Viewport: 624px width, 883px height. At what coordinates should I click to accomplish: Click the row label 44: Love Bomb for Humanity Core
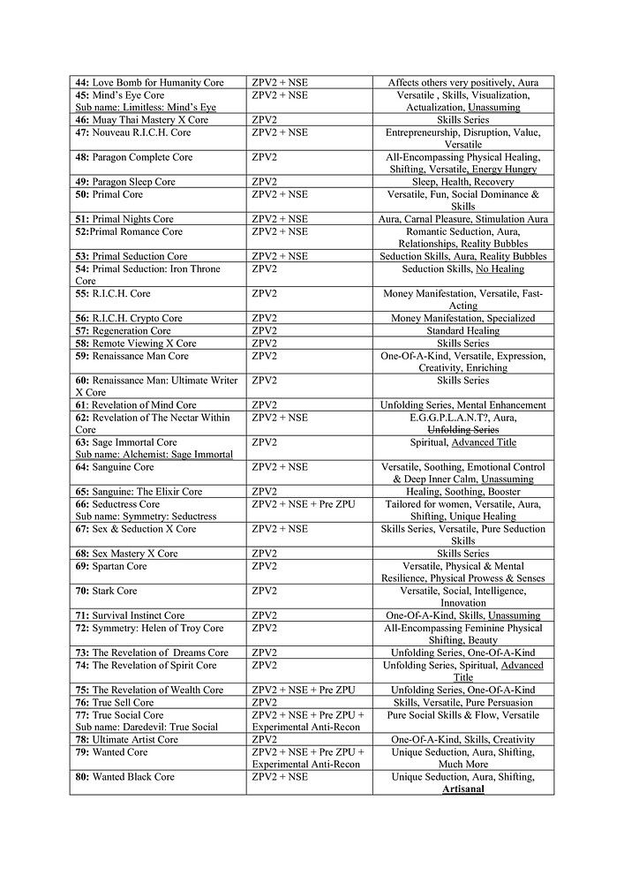tap(149, 82)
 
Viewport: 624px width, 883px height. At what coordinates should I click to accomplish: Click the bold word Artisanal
tap(462, 789)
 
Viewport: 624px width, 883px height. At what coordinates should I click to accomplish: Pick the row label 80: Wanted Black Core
tap(124, 777)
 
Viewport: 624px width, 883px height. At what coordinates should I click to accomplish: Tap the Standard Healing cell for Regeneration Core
tap(462, 331)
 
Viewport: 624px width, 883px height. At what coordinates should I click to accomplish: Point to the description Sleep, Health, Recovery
tap(462, 182)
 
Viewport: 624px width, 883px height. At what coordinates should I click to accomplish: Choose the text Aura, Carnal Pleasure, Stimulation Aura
tap(462, 219)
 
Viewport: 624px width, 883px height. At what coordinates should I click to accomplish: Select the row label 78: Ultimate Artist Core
tap(126, 739)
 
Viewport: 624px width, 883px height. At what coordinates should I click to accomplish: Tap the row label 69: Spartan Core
tap(111, 566)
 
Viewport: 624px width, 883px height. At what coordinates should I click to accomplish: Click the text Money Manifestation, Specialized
tap(462, 318)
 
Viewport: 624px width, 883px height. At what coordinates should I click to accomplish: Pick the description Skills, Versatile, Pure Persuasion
tap(462, 702)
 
